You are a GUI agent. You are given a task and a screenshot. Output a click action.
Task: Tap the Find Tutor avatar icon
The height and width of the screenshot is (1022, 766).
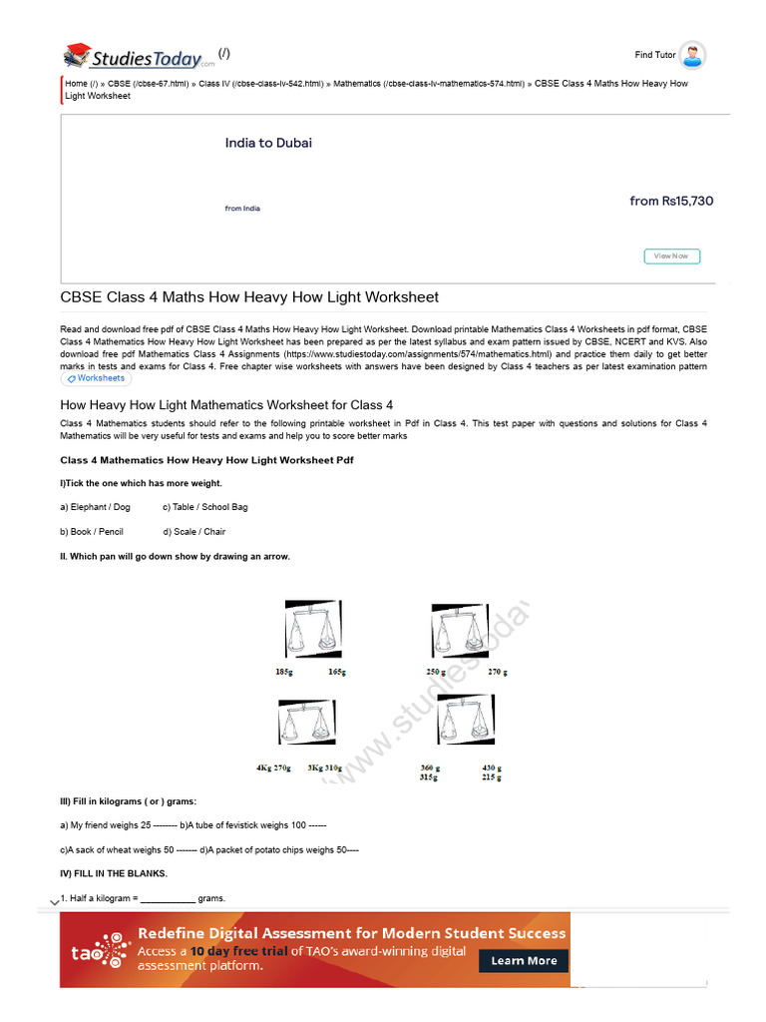692,55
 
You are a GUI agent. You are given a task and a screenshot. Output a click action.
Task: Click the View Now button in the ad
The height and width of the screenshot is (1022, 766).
671,256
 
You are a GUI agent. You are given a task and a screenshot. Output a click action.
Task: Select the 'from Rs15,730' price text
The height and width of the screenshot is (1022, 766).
671,201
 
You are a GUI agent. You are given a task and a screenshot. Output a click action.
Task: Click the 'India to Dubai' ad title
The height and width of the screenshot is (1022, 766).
268,143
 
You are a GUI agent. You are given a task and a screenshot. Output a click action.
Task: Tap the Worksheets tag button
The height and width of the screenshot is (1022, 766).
96,379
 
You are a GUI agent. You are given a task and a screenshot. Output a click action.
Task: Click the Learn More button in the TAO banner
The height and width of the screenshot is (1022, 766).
524,960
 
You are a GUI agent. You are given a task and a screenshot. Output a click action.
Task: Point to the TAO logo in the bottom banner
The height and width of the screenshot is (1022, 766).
98,950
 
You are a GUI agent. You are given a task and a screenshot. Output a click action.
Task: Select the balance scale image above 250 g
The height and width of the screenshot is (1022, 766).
460,631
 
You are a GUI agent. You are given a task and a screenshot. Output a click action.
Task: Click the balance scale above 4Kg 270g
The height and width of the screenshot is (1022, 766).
306,723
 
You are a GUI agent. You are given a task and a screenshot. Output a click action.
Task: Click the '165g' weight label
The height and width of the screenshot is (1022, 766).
337,673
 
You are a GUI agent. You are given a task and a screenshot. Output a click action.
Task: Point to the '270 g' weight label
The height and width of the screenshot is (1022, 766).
497,673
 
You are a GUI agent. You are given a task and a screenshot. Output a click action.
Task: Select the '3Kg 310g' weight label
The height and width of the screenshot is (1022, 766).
325,768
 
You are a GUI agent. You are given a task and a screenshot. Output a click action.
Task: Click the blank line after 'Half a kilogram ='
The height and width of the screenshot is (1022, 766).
167,898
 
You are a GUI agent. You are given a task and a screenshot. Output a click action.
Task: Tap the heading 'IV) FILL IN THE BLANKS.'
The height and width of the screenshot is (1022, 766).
114,873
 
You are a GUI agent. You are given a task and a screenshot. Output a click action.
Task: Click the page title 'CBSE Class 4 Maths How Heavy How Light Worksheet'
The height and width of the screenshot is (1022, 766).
249,297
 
